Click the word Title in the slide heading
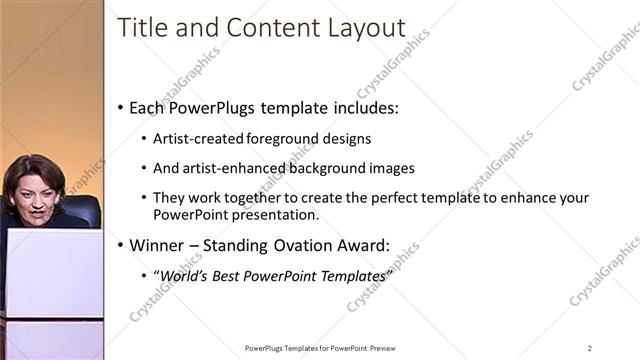tap(140, 28)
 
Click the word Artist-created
tap(195, 138)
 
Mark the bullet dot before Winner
tap(121, 244)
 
